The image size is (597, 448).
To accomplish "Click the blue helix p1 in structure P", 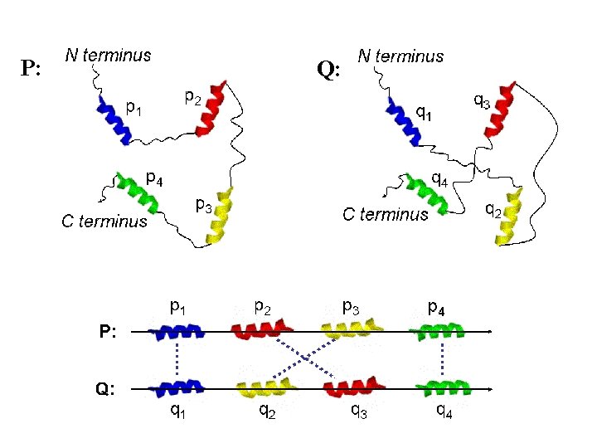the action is [x=114, y=120].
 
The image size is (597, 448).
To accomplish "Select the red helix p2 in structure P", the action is [x=211, y=108].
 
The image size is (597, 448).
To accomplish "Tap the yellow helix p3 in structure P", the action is [x=219, y=215].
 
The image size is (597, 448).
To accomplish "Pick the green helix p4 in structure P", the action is [x=137, y=192].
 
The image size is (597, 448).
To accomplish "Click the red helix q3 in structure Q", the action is [x=500, y=110].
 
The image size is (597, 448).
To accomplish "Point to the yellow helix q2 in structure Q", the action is [x=509, y=216].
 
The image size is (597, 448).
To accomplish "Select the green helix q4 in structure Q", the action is [x=427, y=194].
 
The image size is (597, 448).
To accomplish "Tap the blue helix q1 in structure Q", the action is [x=404, y=121].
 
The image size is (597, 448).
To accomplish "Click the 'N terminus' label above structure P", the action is [x=108, y=56].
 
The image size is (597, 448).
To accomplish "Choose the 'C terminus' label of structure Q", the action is [x=386, y=215].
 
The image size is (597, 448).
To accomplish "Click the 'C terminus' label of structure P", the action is [x=104, y=222].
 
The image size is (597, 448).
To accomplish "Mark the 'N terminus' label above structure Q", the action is [x=400, y=56].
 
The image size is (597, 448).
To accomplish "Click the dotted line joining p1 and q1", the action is [x=177, y=359].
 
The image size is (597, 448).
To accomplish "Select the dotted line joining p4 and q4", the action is [x=442, y=359].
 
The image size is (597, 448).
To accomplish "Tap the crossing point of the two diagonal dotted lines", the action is [x=305, y=358].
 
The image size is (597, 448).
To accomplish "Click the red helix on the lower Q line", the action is [x=354, y=388].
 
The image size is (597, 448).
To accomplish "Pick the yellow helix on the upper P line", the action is [x=352, y=329].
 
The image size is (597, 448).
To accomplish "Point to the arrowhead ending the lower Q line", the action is [x=490, y=389].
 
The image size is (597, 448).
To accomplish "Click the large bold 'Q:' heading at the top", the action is [x=328, y=70].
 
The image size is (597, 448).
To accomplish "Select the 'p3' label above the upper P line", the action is [x=351, y=308].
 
